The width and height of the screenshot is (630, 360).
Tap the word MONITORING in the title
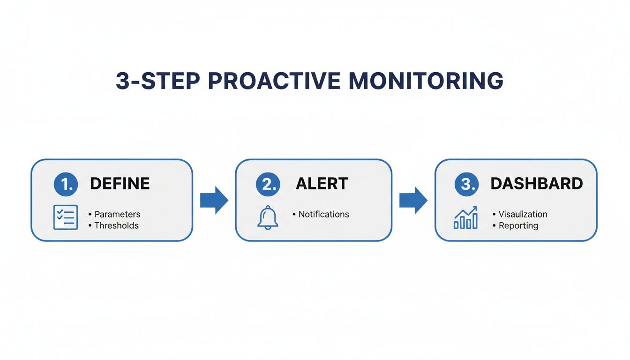pos(426,81)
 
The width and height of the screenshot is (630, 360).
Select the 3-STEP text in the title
pos(157,81)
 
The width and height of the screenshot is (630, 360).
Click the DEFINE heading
pos(120,184)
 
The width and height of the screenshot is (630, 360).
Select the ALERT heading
pos(322,184)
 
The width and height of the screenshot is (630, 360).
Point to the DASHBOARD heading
pos(537,184)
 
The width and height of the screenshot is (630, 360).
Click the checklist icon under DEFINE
pos(66,217)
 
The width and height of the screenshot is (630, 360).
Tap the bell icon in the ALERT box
pos(268,218)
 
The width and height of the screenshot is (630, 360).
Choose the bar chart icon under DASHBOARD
pos(465,218)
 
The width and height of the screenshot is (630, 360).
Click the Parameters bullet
pos(117,214)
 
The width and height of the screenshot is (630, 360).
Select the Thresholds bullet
pos(116,225)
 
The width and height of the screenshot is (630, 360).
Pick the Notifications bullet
pos(323,214)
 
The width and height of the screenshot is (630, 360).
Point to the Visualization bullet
pos(523,214)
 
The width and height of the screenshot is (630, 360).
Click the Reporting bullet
pos(518,225)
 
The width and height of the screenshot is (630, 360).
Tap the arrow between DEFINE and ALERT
pos(214,200)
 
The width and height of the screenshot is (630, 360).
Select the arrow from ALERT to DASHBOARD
pos(413,200)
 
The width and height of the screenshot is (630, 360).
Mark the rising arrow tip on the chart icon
pos(475,208)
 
